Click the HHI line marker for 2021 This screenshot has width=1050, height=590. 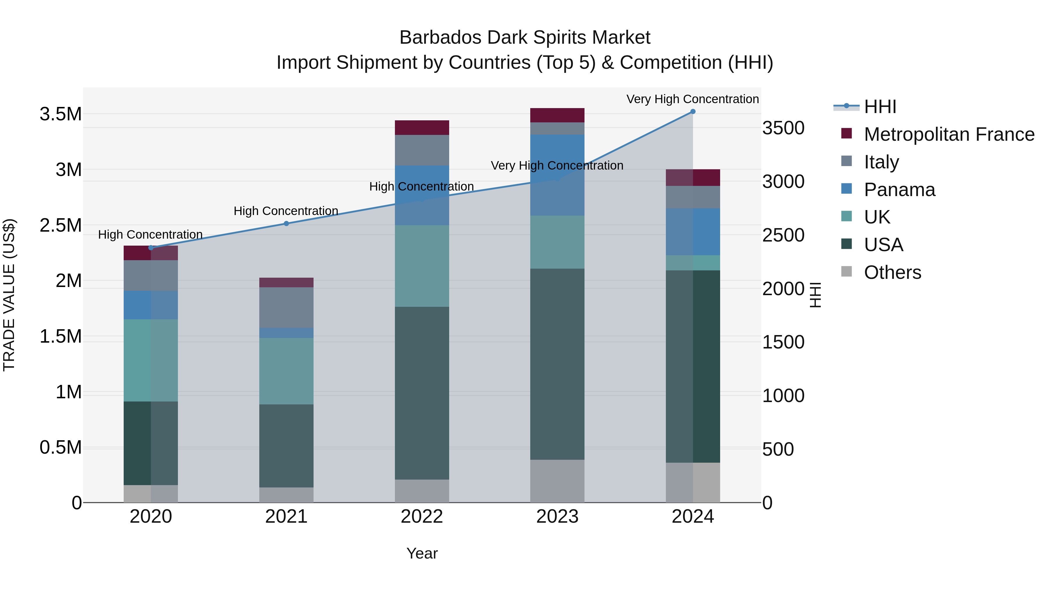[x=286, y=223]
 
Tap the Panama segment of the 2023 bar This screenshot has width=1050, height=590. [x=557, y=175]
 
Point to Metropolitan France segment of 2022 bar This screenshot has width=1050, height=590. [x=422, y=127]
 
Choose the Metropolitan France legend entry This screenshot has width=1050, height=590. [x=949, y=134]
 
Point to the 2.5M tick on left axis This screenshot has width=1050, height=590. [x=60, y=225]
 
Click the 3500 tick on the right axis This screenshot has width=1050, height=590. [x=783, y=128]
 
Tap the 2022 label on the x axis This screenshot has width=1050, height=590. [x=422, y=517]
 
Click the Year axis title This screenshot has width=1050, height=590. [x=422, y=553]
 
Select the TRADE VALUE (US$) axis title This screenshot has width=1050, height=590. [x=9, y=295]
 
